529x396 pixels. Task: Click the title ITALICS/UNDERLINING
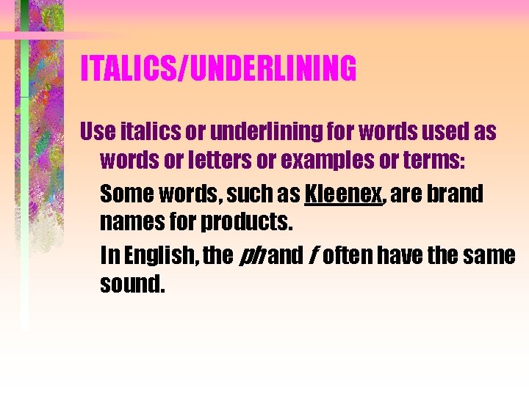pos(218,68)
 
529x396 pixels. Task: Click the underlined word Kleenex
pos(343,194)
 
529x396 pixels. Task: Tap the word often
pos(349,256)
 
